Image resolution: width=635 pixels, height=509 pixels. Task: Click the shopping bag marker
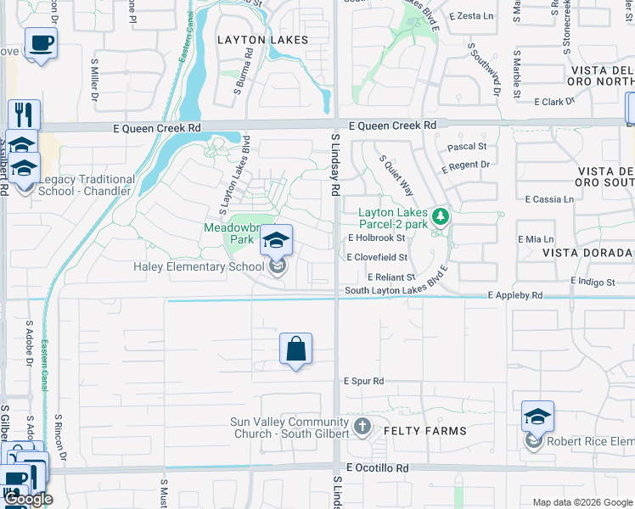295,349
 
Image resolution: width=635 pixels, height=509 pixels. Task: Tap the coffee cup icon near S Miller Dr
41,43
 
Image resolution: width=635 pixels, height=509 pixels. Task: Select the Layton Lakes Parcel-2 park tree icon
440,217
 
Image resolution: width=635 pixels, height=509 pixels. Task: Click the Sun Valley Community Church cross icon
362,426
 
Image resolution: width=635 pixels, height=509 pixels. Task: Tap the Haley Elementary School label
199,267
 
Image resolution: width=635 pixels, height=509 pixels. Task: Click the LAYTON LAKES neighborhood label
261,40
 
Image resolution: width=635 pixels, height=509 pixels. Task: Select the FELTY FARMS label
425,431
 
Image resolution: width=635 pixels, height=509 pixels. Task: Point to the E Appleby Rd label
515,296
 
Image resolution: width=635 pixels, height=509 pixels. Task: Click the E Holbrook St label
376,238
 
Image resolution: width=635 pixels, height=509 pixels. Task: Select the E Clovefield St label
377,257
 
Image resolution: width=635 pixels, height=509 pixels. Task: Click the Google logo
28,499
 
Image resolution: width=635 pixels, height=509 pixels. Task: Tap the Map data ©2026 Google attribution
582,502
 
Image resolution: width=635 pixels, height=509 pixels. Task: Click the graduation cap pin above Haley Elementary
276,242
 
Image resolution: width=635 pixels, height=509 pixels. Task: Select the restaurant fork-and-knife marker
24,115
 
